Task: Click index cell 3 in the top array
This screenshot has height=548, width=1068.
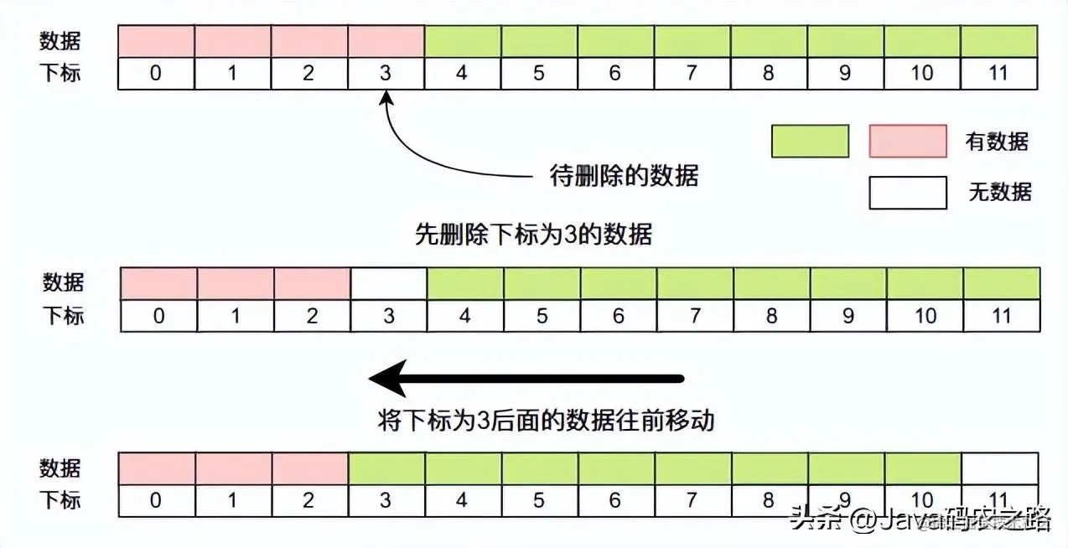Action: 385,73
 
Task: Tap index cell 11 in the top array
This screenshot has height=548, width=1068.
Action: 998,73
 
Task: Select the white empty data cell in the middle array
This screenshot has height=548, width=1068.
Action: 389,283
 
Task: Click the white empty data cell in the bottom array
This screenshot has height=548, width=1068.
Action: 1000,468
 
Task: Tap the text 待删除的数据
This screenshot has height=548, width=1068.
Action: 624,176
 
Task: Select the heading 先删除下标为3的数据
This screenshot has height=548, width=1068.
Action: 533,234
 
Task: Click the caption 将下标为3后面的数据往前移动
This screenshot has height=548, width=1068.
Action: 546,419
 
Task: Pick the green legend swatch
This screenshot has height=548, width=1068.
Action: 810,141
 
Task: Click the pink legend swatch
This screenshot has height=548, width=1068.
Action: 908,141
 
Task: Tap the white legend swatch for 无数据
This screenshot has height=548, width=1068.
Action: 908,192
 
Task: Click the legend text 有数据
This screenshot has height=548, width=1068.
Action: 997,141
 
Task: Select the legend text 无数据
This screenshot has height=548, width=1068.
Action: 999,192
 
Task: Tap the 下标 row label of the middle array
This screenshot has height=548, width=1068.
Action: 64,316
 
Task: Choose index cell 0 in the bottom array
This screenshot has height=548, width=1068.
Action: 156,500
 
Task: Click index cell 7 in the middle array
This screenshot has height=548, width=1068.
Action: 695,316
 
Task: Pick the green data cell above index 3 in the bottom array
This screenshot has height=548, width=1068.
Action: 386,468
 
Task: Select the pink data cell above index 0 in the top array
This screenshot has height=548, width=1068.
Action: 156,40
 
